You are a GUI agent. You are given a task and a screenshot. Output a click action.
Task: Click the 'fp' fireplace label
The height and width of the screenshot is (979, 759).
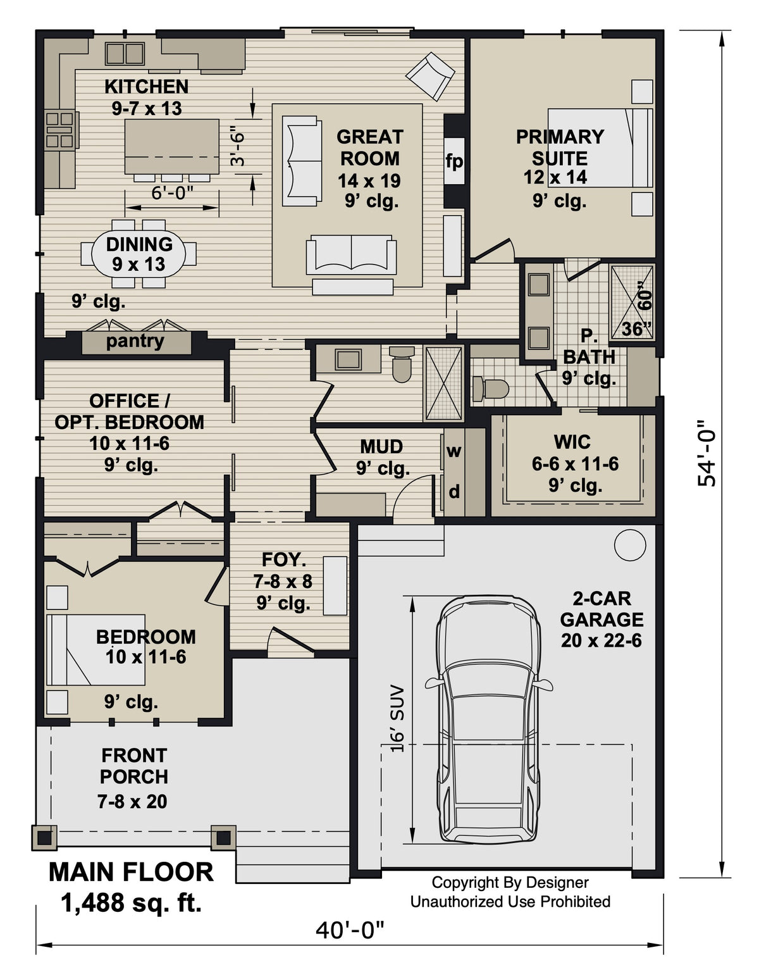click(x=454, y=161)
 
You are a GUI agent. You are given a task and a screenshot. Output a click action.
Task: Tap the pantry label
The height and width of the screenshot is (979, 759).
click(x=135, y=342)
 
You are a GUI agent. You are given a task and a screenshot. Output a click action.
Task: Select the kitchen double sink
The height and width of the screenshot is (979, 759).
click(x=125, y=53)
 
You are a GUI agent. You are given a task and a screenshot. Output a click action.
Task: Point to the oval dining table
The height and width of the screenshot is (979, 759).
click(x=139, y=254)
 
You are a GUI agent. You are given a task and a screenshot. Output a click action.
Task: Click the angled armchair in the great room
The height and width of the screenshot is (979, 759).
click(x=430, y=76)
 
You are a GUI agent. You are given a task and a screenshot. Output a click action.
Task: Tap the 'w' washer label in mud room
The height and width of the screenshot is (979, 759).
click(x=454, y=451)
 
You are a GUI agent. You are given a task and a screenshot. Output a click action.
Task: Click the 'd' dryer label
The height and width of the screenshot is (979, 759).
click(x=454, y=491)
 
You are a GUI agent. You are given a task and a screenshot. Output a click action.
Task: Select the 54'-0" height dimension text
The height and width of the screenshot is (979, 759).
click(x=707, y=454)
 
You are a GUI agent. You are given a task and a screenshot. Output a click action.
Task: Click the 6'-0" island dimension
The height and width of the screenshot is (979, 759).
click(x=172, y=193)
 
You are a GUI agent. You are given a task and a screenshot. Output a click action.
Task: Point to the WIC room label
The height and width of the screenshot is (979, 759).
click(x=572, y=442)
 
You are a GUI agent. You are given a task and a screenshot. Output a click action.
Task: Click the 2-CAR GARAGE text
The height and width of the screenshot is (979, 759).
click(x=601, y=609)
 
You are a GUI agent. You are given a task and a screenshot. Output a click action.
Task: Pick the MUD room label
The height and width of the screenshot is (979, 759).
click(x=381, y=447)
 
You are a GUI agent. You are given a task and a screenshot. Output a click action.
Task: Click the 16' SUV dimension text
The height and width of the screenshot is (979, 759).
click(x=397, y=718)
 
